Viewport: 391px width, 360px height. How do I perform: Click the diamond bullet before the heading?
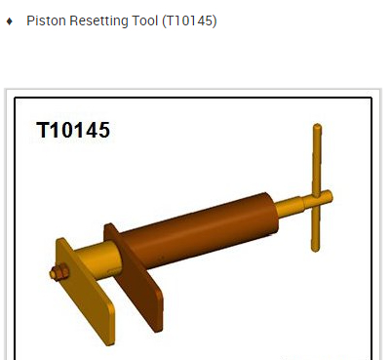(x=10, y=21)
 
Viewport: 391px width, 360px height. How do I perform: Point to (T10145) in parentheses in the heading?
(x=189, y=21)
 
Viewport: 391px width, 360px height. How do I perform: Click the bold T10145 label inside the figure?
(x=73, y=130)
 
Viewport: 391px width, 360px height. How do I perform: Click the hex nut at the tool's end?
(x=59, y=272)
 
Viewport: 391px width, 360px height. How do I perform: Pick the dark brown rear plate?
(x=135, y=276)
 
